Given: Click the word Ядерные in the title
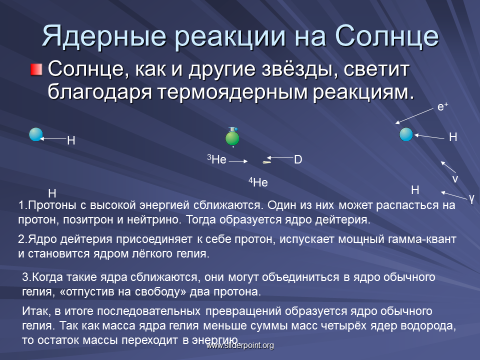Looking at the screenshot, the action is pyautogui.click(x=104, y=36).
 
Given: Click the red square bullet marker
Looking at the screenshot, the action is pyautogui.click(x=36, y=69).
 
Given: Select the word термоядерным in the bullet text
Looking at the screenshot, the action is pyautogui.click(x=232, y=92).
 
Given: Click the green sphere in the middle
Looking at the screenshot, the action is pyautogui.click(x=232, y=138).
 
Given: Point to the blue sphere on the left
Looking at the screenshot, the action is pyautogui.click(x=36, y=134).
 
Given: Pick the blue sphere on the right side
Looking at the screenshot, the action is pyautogui.click(x=406, y=134).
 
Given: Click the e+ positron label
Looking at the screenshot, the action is pyautogui.click(x=442, y=106).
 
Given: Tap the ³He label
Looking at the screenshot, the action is pyautogui.click(x=216, y=159).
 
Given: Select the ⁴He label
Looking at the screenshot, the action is pyautogui.click(x=258, y=182).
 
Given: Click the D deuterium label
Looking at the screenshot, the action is pyautogui.click(x=298, y=159).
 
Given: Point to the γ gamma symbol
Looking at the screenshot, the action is pyautogui.click(x=471, y=198).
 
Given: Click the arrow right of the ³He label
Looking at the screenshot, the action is pyautogui.click(x=238, y=161).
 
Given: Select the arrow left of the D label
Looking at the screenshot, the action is pyautogui.click(x=280, y=157).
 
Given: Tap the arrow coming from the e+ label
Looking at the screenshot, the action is pyautogui.click(x=414, y=116).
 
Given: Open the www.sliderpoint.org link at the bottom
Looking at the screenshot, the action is pyautogui.click(x=240, y=345).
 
